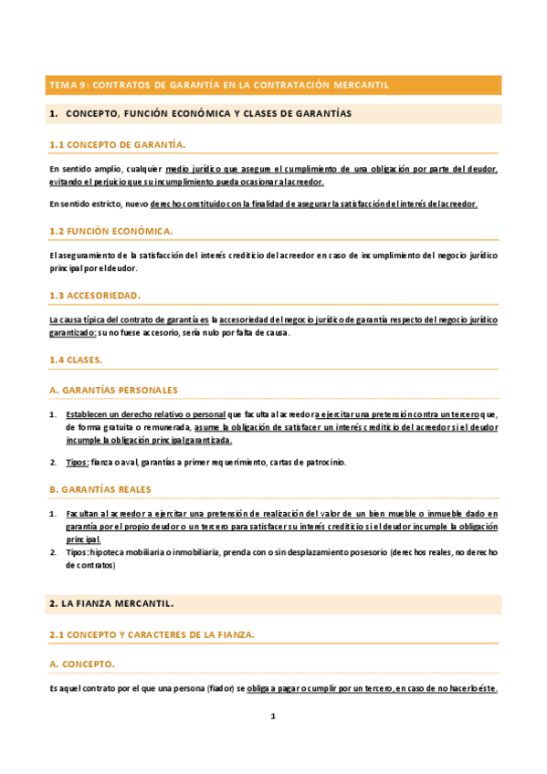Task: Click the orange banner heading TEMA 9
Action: point(219,85)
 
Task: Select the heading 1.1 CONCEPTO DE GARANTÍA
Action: point(117,144)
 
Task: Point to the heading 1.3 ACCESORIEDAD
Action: point(95,296)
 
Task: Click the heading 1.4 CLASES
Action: point(76,361)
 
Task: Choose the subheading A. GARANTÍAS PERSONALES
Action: point(113,390)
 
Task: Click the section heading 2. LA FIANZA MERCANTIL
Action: point(110,604)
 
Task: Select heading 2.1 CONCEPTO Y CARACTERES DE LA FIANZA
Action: point(152,633)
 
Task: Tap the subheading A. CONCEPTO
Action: point(82,664)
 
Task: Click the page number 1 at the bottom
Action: point(272,716)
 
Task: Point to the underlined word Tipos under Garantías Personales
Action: point(77,463)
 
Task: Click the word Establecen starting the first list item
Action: point(92,414)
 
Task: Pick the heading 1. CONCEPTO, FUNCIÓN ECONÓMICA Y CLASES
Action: point(201,113)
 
